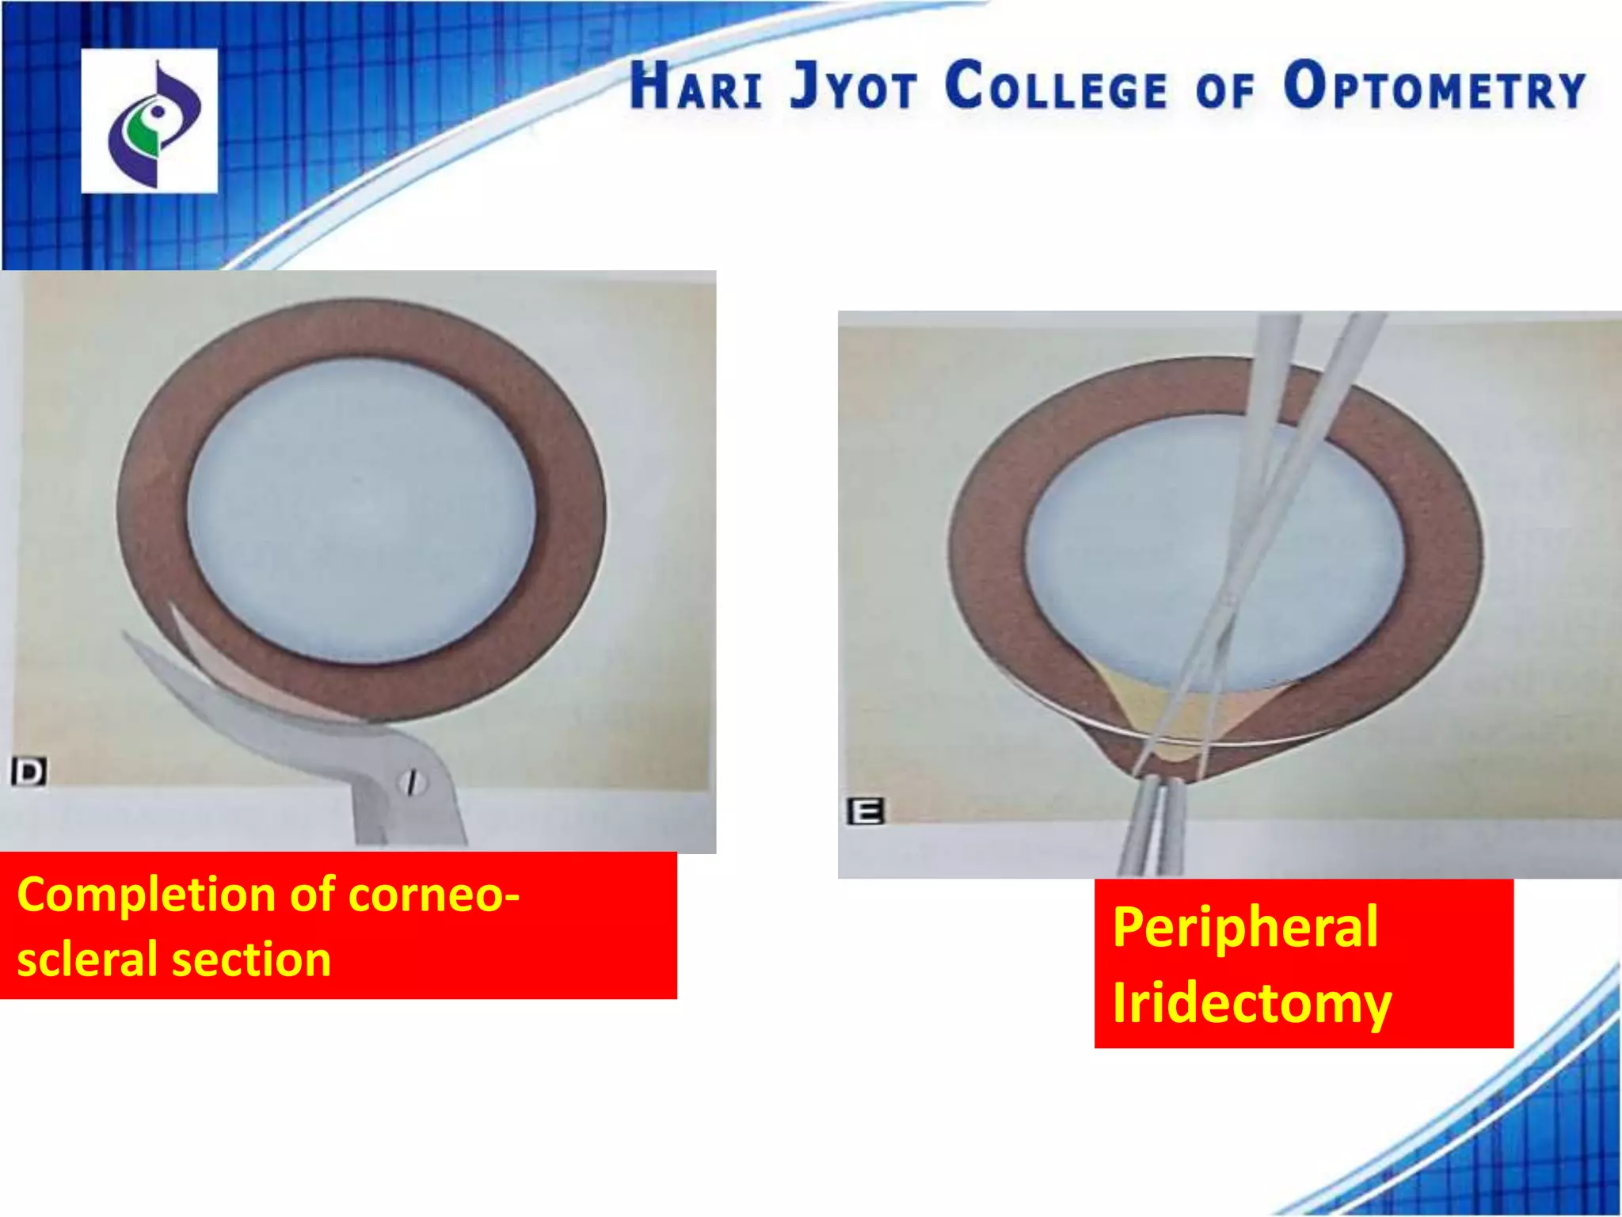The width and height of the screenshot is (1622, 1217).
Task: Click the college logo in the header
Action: tap(150, 121)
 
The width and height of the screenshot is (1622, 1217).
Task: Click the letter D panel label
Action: tap(29, 771)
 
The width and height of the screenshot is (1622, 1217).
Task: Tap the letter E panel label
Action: tap(865, 812)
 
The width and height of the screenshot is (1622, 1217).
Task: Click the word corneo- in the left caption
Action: tap(434, 895)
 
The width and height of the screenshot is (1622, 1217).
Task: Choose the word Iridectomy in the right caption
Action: tap(1251, 1002)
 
